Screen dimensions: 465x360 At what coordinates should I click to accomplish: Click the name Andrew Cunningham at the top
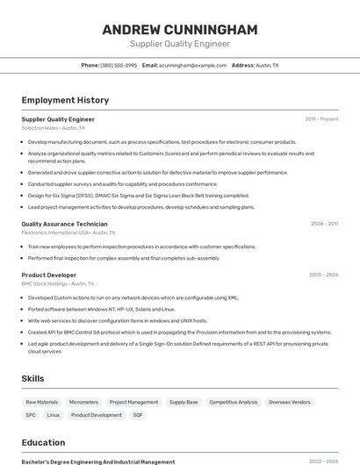(x=179, y=30)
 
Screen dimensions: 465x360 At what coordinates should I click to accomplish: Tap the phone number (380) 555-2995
(x=119, y=66)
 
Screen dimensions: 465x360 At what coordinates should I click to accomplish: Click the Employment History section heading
(x=65, y=100)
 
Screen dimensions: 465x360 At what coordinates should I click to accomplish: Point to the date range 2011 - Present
(x=321, y=119)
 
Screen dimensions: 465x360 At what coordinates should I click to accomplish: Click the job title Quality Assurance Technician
(x=64, y=224)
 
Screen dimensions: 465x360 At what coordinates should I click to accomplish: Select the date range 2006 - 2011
(x=324, y=224)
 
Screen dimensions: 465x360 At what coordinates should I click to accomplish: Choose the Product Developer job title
(x=49, y=275)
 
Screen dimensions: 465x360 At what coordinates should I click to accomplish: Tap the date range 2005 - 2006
(x=323, y=275)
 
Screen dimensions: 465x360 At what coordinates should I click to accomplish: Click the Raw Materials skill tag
(x=41, y=402)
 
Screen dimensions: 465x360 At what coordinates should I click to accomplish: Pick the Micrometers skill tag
(x=83, y=402)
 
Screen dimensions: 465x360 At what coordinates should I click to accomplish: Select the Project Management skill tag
(x=133, y=402)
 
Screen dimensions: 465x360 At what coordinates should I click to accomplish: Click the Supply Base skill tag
(x=184, y=402)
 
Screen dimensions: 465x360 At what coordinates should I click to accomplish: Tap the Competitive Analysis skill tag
(x=234, y=402)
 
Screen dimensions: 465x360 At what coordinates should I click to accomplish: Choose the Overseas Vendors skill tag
(x=290, y=402)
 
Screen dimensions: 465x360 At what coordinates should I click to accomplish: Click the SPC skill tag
(x=31, y=415)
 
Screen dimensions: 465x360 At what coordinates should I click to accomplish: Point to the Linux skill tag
(x=54, y=415)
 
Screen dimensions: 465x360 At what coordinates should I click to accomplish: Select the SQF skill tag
(x=138, y=415)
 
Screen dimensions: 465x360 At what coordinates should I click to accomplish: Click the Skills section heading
(x=33, y=378)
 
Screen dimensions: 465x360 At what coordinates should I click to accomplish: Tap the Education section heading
(x=43, y=442)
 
